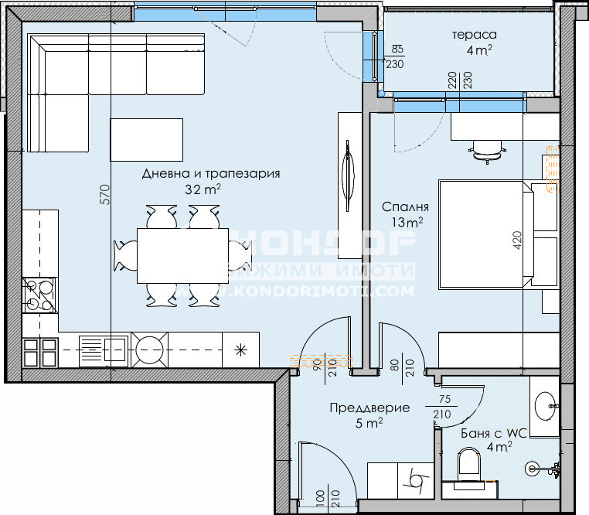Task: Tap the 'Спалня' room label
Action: click(405, 207)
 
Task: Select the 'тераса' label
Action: click(474, 35)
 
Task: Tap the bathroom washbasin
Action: click(544, 401)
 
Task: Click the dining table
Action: click(182, 255)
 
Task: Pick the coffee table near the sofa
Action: click(147, 140)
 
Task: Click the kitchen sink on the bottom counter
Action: click(103, 350)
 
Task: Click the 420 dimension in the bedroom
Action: click(517, 241)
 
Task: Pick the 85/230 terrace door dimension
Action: click(395, 58)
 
